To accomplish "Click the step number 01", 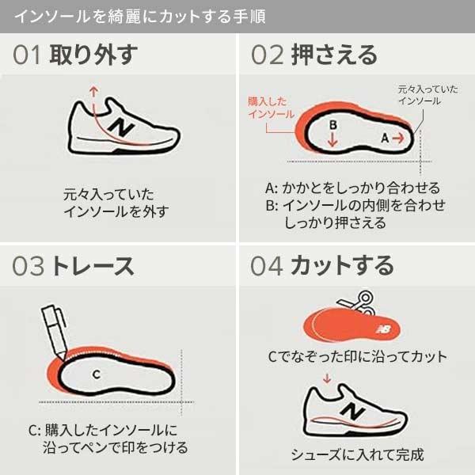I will pos(28,55).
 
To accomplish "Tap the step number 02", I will pos(267,55).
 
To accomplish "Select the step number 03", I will pos(28,267).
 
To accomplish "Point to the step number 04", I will pos(267,267).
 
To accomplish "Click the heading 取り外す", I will pos(92,55).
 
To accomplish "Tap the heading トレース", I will pos(92,267).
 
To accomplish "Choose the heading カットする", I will pos(341,267).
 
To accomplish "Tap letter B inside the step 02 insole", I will pos(333,125).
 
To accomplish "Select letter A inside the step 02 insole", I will pos(386,137).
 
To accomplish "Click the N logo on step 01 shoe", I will pos(121,127).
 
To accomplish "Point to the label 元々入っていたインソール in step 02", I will pos(419,95).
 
